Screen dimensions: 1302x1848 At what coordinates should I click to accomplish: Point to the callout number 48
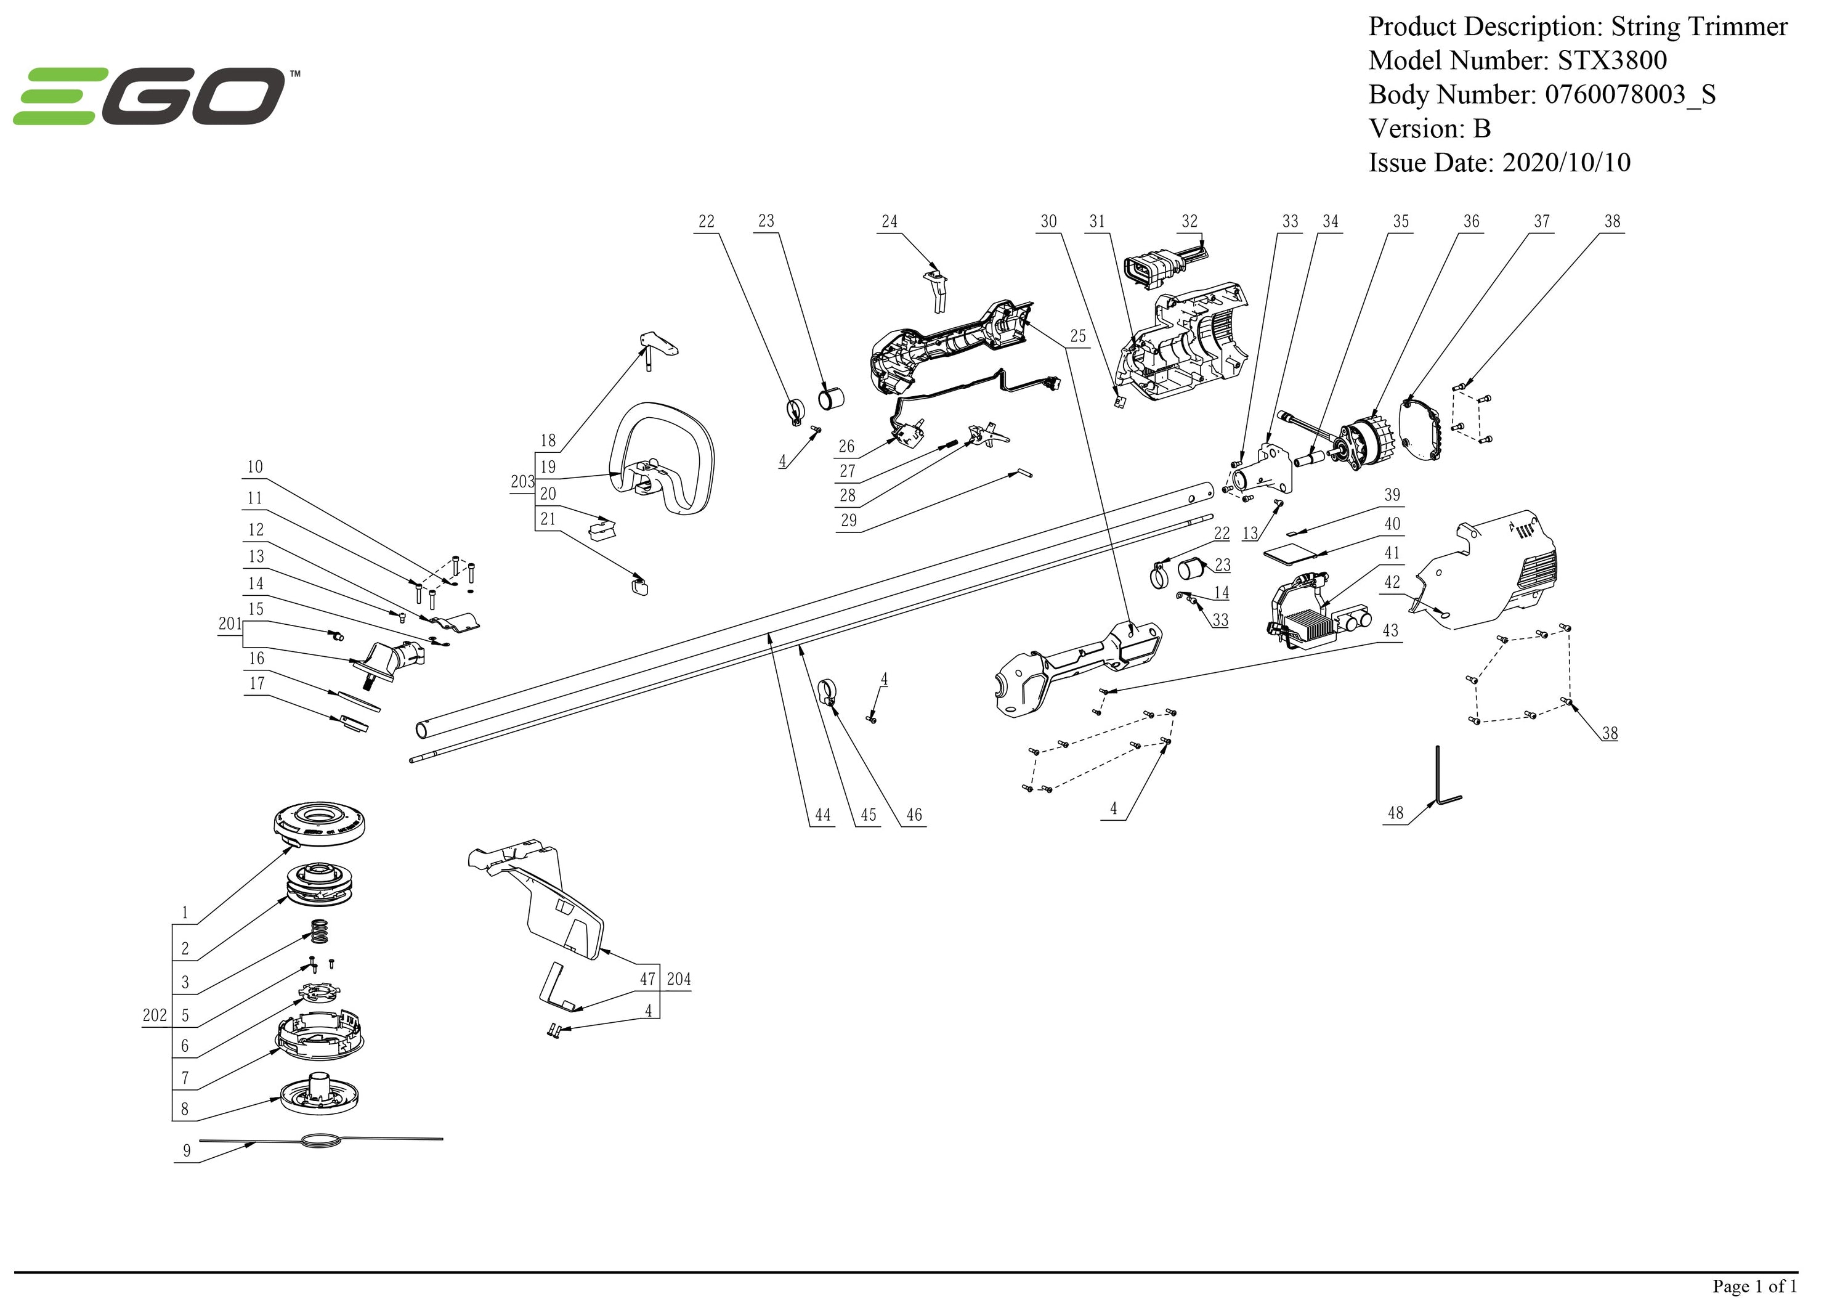coord(1396,813)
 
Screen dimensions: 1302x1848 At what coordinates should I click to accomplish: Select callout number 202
coord(155,1015)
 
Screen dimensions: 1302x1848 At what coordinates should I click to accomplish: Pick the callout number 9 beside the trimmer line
coord(187,1150)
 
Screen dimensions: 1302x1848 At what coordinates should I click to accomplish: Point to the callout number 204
coord(678,979)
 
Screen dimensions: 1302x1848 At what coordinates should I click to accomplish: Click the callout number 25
coord(1078,336)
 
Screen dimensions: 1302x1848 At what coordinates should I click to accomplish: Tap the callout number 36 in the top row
coord(1472,221)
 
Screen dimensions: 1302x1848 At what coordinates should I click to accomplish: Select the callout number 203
coord(522,481)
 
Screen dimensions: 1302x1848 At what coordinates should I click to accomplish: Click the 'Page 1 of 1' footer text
coord(1754,1286)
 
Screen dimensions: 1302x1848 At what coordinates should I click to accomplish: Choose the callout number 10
coord(255,467)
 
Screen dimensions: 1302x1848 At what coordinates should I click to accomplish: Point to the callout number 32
coord(1189,221)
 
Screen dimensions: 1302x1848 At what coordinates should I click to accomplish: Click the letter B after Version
coord(1481,129)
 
